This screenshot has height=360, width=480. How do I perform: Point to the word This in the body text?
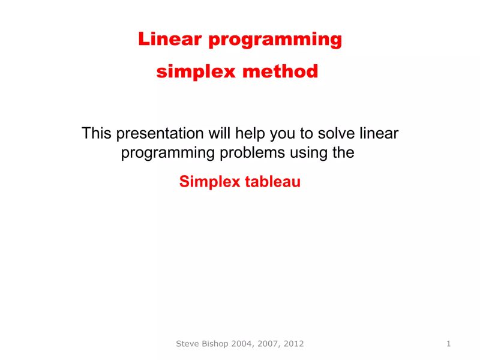[x=97, y=133]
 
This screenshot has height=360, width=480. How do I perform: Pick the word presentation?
[x=160, y=133]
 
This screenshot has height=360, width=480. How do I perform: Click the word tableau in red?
[x=273, y=182]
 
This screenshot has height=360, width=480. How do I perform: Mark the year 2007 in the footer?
[x=268, y=344]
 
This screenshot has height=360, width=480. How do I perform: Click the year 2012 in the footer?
[x=293, y=344]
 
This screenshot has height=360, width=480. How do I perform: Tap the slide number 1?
[x=449, y=344]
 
